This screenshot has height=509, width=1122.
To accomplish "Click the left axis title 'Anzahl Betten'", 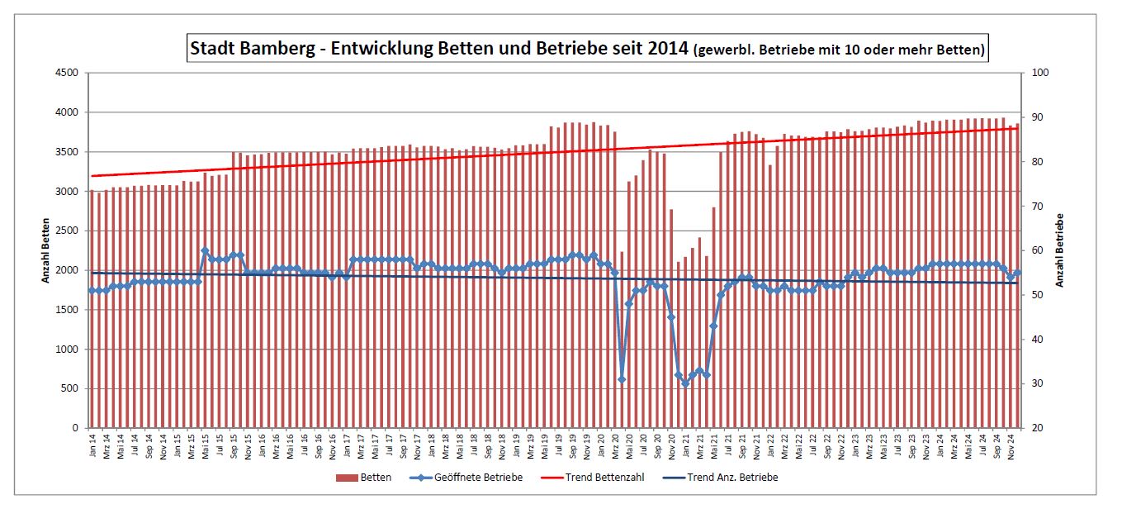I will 46,250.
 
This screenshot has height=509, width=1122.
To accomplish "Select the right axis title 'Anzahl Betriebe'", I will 1060,250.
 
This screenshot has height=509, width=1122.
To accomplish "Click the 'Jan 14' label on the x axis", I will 92,448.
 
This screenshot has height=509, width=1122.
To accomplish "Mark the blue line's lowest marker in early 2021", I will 685,383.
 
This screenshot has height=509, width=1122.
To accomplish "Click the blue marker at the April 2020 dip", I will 622,379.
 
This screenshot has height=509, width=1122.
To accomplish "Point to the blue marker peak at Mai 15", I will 205,250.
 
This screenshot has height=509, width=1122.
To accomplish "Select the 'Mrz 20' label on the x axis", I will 614,448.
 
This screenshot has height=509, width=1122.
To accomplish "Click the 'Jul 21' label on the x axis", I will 727,448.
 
